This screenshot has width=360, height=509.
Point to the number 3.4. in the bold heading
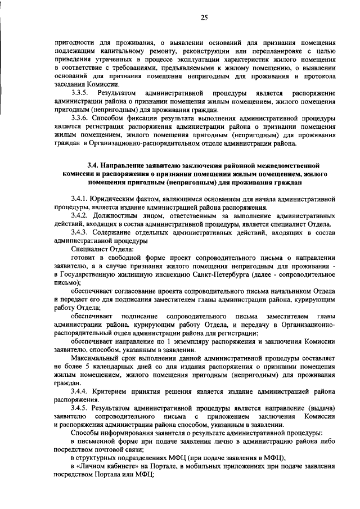coord(93,166)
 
